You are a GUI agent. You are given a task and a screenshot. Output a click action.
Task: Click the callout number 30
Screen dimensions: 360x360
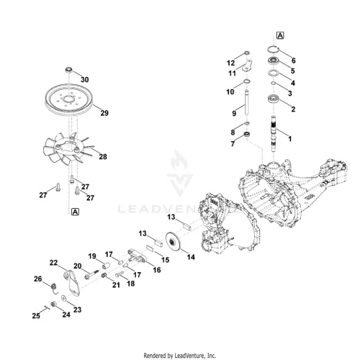click(x=84, y=79)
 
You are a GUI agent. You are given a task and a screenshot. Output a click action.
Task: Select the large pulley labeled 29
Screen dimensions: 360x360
click(x=69, y=99)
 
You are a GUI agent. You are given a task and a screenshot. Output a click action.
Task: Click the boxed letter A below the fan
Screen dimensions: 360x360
click(x=75, y=212)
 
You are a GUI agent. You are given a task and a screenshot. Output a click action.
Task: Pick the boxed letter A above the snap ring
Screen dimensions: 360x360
click(x=280, y=35)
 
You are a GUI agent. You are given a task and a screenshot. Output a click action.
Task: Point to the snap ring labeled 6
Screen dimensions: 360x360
click(x=274, y=49)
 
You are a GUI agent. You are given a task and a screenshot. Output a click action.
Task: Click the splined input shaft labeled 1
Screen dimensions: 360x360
click(x=274, y=134)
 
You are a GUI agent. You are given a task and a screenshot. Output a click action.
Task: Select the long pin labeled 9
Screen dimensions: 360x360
click(x=246, y=102)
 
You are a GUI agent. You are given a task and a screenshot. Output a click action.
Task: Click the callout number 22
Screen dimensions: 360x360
click(x=53, y=263)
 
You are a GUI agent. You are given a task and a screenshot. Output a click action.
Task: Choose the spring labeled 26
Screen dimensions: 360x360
click(x=55, y=288)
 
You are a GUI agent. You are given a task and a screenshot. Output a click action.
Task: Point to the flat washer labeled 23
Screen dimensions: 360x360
click(x=64, y=298)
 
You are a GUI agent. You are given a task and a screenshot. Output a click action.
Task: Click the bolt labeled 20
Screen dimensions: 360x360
click(x=91, y=274)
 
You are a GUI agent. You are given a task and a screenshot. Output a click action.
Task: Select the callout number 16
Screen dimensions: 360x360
click(x=157, y=270)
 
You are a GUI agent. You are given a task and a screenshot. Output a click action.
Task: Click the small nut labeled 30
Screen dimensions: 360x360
click(x=69, y=70)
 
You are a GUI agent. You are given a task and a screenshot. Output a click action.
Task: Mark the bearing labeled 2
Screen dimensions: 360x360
click(x=274, y=99)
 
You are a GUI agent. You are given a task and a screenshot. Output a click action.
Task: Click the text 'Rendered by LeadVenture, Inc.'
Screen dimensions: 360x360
click(x=180, y=356)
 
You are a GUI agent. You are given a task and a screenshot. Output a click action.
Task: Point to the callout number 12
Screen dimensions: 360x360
click(x=230, y=63)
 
